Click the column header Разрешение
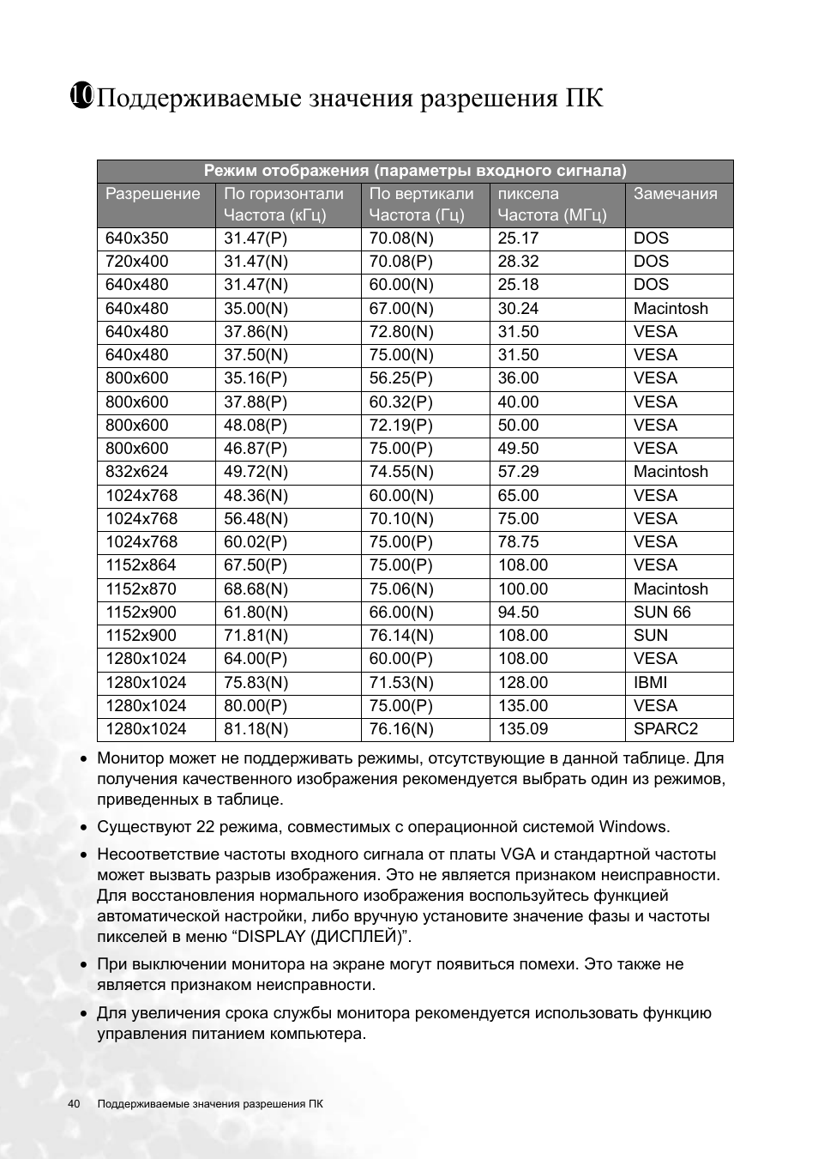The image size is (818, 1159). (153, 194)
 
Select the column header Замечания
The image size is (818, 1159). (675, 194)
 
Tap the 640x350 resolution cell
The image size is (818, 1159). (137, 238)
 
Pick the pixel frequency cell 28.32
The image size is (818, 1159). (518, 262)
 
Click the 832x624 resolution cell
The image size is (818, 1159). (137, 472)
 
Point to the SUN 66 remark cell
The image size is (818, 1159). (662, 613)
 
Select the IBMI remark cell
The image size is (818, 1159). (650, 683)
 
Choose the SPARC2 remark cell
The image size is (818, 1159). (665, 729)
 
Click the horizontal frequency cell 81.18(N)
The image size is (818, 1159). (256, 729)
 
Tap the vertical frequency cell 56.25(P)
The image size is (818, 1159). (401, 378)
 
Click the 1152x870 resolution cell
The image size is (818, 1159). (141, 589)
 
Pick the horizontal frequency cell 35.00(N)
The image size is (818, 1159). (256, 309)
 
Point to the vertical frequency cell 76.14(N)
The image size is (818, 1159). (401, 636)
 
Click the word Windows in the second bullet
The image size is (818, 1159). (633, 827)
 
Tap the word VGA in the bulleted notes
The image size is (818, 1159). (518, 854)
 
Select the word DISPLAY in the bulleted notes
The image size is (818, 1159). (272, 937)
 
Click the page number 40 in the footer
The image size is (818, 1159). (74, 1104)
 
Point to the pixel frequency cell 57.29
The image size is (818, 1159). (518, 472)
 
